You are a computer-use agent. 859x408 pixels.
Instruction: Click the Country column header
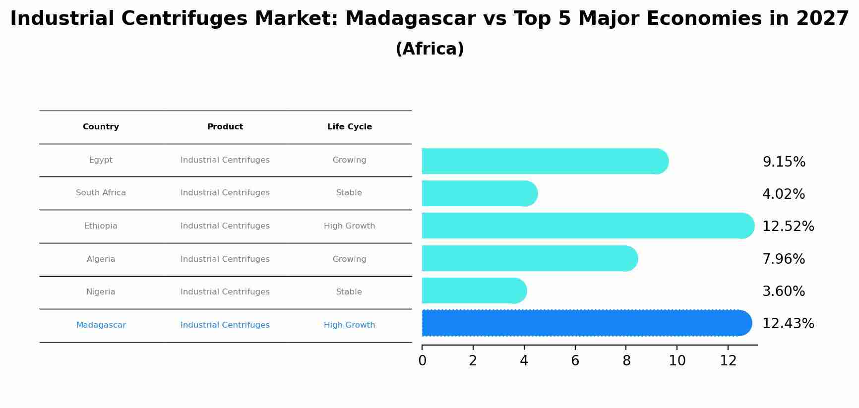pyautogui.click(x=101, y=127)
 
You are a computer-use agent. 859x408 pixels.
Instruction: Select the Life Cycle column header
pyautogui.click(x=349, y=127)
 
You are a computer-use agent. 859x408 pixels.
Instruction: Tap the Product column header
pyautogui.click(x=225, y=127)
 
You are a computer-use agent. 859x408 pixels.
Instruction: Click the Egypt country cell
pyautogui.click(x=101, y=160)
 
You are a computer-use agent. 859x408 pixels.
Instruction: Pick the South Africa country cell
pyautogui.click(x=101, y=193)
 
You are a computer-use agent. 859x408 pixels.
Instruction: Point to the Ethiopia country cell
pyautogui.click(x=101, y=226)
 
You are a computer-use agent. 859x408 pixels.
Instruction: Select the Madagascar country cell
pyautogui.click(x=101, y=325)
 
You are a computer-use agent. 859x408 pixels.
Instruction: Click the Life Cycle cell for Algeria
pyautogui.click(x=349, y=259)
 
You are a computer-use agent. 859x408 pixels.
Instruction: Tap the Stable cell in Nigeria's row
pyautogui.click(x=349, y=292)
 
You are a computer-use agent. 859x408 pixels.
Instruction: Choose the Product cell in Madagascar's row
pyautogui.click(x=225, y=325)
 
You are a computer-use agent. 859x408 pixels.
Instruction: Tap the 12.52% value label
pyautogui.click(x=788, y=227)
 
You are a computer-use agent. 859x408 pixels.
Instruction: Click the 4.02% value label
pyautogui.click(x=783, y=194)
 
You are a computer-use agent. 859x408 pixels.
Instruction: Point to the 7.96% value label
pyautogui.click(x=783, y=259)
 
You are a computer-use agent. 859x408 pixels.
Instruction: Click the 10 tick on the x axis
pyautogui.click(x=677, y=361)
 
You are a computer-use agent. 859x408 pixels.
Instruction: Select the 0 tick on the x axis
pyautogui.click(x=422, y=361)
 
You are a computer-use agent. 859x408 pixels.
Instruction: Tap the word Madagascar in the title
pyautogui.click(x=410, y=19)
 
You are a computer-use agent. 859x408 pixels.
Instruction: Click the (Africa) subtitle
pyautogui.click(x=429, y=49)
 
